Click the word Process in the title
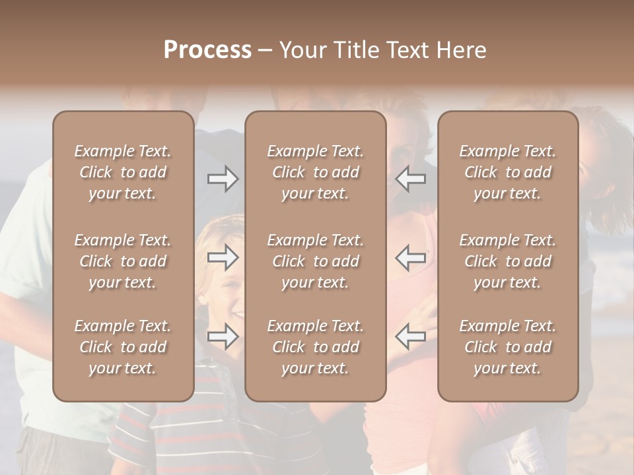(x=207, y=50)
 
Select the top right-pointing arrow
(x=223, y=179)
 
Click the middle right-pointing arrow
(x=223, y=258)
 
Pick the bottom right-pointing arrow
(x=223, y=337)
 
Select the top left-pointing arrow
(x=411, y=179)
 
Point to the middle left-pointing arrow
(x=411, y=258)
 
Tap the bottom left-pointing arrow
(x=411, y=337)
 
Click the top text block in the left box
(x=123, y=172)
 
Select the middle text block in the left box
(x=123, y=261)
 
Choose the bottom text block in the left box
(x=123, y=347)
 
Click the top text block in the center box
(x=316, y=172)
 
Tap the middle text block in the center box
(x=316, y=261)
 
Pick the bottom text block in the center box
(x=316, y=347)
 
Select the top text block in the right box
(x=508, y=172)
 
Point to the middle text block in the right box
(x=508, y=261)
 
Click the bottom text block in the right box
(x=508, y=347)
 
